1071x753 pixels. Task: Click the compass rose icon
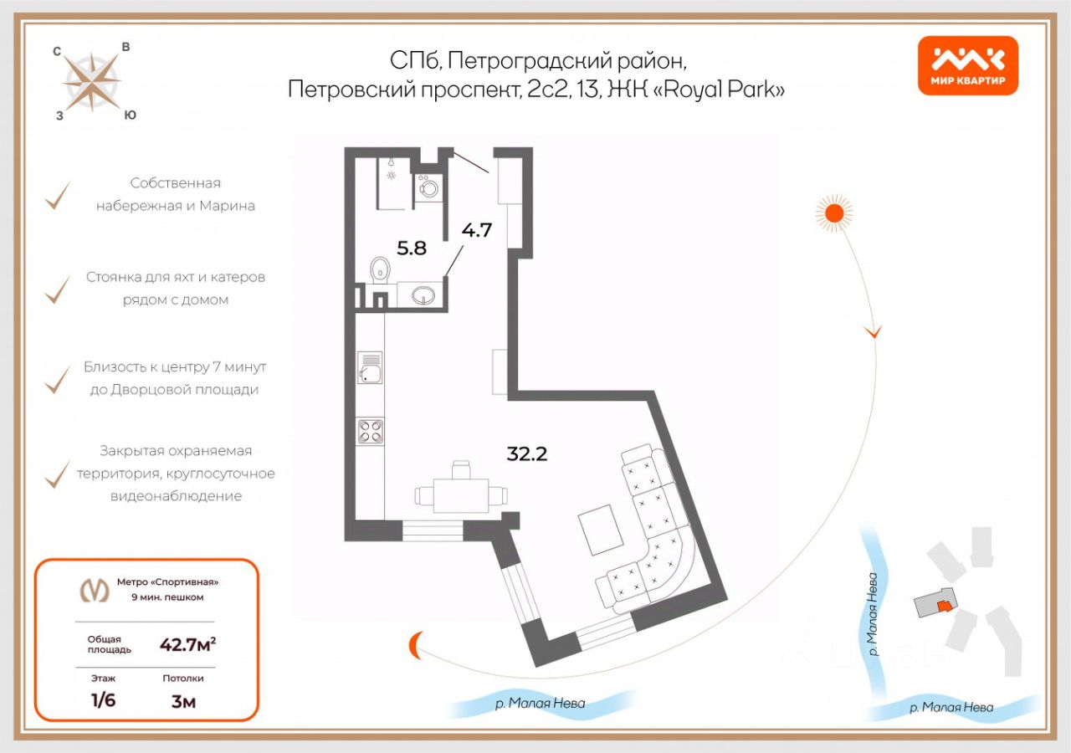pos(92,82)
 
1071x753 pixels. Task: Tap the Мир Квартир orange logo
pos(968,65)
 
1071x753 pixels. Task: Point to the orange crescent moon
pos(416,647)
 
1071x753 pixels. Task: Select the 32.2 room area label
pos(527,454)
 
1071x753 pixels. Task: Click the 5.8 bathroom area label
pos(412,248)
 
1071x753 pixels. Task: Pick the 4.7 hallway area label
pos(477,229)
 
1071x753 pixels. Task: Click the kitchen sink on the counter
pos(369,368)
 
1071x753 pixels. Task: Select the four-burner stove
pos(370,432)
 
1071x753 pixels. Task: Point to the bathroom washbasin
pos(423,295)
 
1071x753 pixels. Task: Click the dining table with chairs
pos(460,492)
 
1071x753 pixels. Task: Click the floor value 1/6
pos(103,700)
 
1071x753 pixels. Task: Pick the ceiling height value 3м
pos(183,701)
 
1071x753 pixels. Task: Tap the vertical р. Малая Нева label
pos(873,613)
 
